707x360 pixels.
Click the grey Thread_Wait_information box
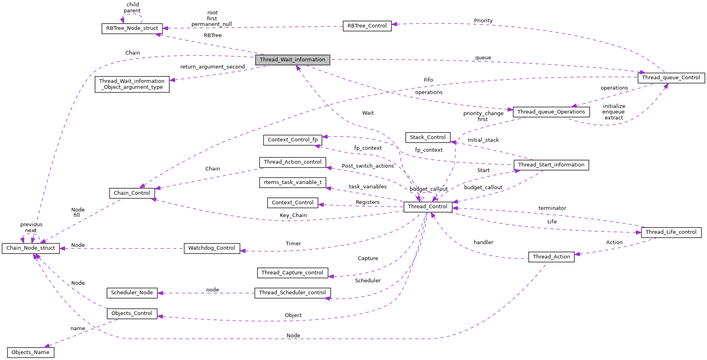(293, 60)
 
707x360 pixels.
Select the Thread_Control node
(428, 207)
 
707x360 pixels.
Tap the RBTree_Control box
(367, 26)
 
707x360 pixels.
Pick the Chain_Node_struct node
(31, 248)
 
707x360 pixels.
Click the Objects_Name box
(31, 352)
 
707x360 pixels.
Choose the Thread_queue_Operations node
(551, 112)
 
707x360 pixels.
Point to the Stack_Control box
(428, 137)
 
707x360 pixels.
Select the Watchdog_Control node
(212, 248)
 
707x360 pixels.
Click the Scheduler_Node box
(132, 293)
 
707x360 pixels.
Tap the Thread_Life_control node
(671, 232)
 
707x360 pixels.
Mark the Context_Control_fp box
(293, 140)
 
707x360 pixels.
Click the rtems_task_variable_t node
(293, 182)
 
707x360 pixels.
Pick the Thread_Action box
(551, 257)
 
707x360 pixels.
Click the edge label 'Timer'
(293, 244)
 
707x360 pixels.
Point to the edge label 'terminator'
(552, 208)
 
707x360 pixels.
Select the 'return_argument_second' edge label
(213, 67)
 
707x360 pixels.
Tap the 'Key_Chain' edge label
(293, 215)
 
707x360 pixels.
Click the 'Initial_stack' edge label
(483, 140)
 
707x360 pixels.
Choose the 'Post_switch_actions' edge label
(368, 166)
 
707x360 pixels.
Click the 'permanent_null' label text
(212, 24)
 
